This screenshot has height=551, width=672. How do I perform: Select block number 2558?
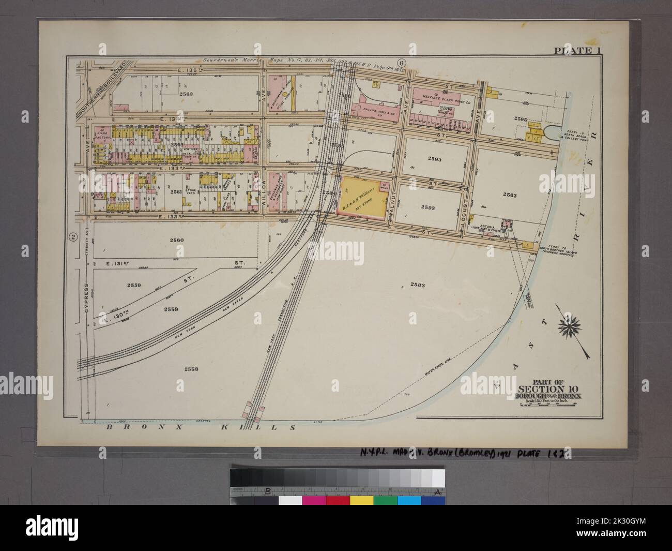tap(191, 368)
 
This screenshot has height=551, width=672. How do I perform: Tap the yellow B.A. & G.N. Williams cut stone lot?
tap(360, 198)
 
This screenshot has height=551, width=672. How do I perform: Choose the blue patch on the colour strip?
tap(409, 500)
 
